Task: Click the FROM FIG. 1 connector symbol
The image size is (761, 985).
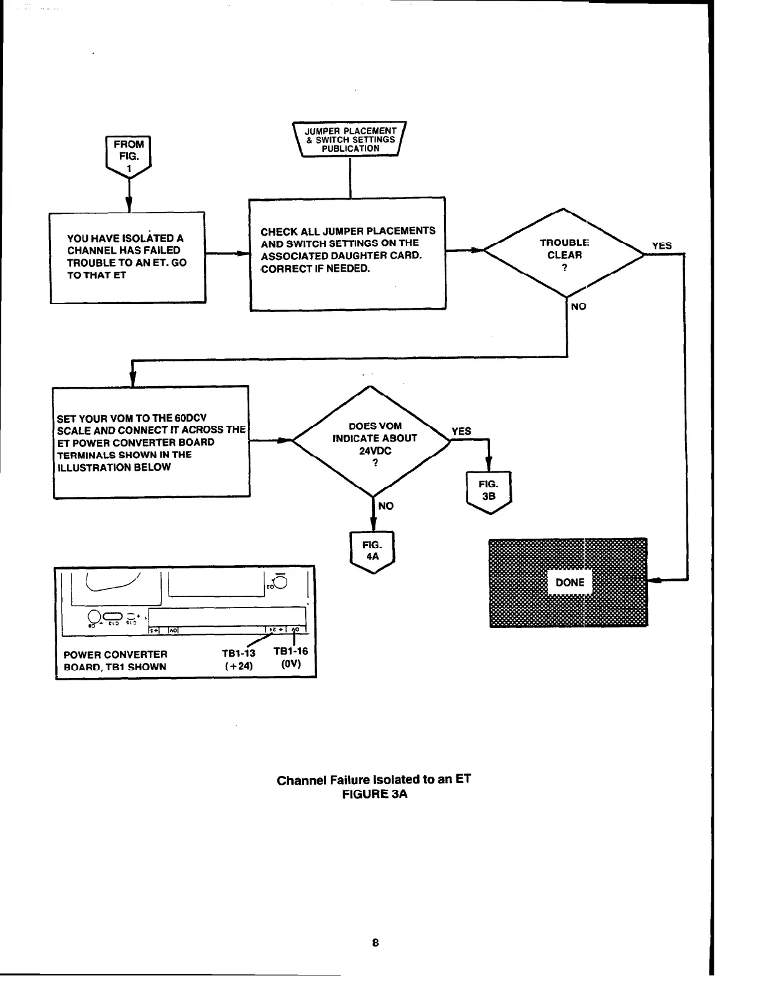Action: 128,155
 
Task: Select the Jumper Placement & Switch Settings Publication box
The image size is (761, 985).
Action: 350,140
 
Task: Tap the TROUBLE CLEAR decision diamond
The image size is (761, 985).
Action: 564,254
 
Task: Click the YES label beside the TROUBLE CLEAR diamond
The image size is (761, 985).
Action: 662,246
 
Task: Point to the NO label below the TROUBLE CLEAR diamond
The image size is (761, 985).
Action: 578,307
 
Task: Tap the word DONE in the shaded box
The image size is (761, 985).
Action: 570,583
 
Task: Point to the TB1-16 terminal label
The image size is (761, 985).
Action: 290,651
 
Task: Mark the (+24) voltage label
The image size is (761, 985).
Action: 238,666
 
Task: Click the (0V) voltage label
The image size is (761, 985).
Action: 290,664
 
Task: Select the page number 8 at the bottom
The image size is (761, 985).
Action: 375,942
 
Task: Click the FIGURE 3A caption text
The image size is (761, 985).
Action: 374,794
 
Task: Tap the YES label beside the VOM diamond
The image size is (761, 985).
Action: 461,431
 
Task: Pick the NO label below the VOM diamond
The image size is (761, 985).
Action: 385,506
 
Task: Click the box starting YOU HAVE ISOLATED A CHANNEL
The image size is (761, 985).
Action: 127,257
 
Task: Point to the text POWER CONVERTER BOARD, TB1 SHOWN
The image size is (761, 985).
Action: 116,660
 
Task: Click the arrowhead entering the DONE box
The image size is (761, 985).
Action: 654,580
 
